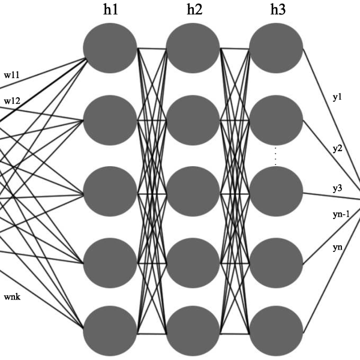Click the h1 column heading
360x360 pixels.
[x=110, y=10]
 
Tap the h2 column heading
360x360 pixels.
[x=194, y=10]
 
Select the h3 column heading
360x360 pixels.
[x=278, y=10]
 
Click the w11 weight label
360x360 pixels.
[x=12, y=75]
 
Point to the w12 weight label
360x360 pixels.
[x=12, y=101]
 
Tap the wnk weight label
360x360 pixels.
[x=12, y=297]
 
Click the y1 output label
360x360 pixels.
[x=337, y=97]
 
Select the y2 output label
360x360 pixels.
[x=337, y=149]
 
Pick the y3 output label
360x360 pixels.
[x=337, y=188]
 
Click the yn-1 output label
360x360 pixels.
[x=341, y=214]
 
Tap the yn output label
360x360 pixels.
[x=337, y=247]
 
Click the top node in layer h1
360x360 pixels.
[x=110, y=48]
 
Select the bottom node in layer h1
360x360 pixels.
[x=110, y=331]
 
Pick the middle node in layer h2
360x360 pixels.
[x=193, y=191]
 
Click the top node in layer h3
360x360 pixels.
[x=276, y=48]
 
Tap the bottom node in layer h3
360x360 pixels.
[x=276, y=331]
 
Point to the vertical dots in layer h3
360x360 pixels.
[x=275, y=156]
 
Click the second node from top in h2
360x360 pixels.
[x=193, y=121]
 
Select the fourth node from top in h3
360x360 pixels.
[x=276, y=263]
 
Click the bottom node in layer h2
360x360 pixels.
[x=193, y=331]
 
